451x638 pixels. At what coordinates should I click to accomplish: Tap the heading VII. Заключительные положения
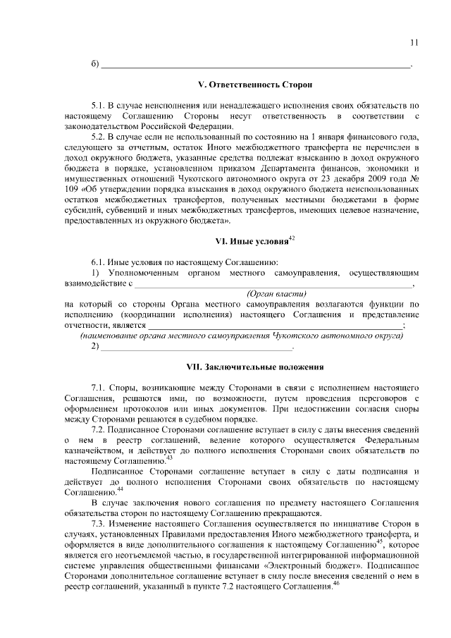(x=254, y=367)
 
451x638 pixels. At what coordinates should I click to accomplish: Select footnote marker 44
(x=120, y=489)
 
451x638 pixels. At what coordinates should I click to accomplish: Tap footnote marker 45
(x=378, y=542)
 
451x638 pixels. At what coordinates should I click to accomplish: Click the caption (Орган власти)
(x=276, y=293)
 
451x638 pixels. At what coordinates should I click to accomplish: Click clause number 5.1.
(x=99, y=104)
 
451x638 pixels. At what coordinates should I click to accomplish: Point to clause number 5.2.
(x=99, y=136)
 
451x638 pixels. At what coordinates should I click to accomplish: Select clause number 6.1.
(x=99, y=262)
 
